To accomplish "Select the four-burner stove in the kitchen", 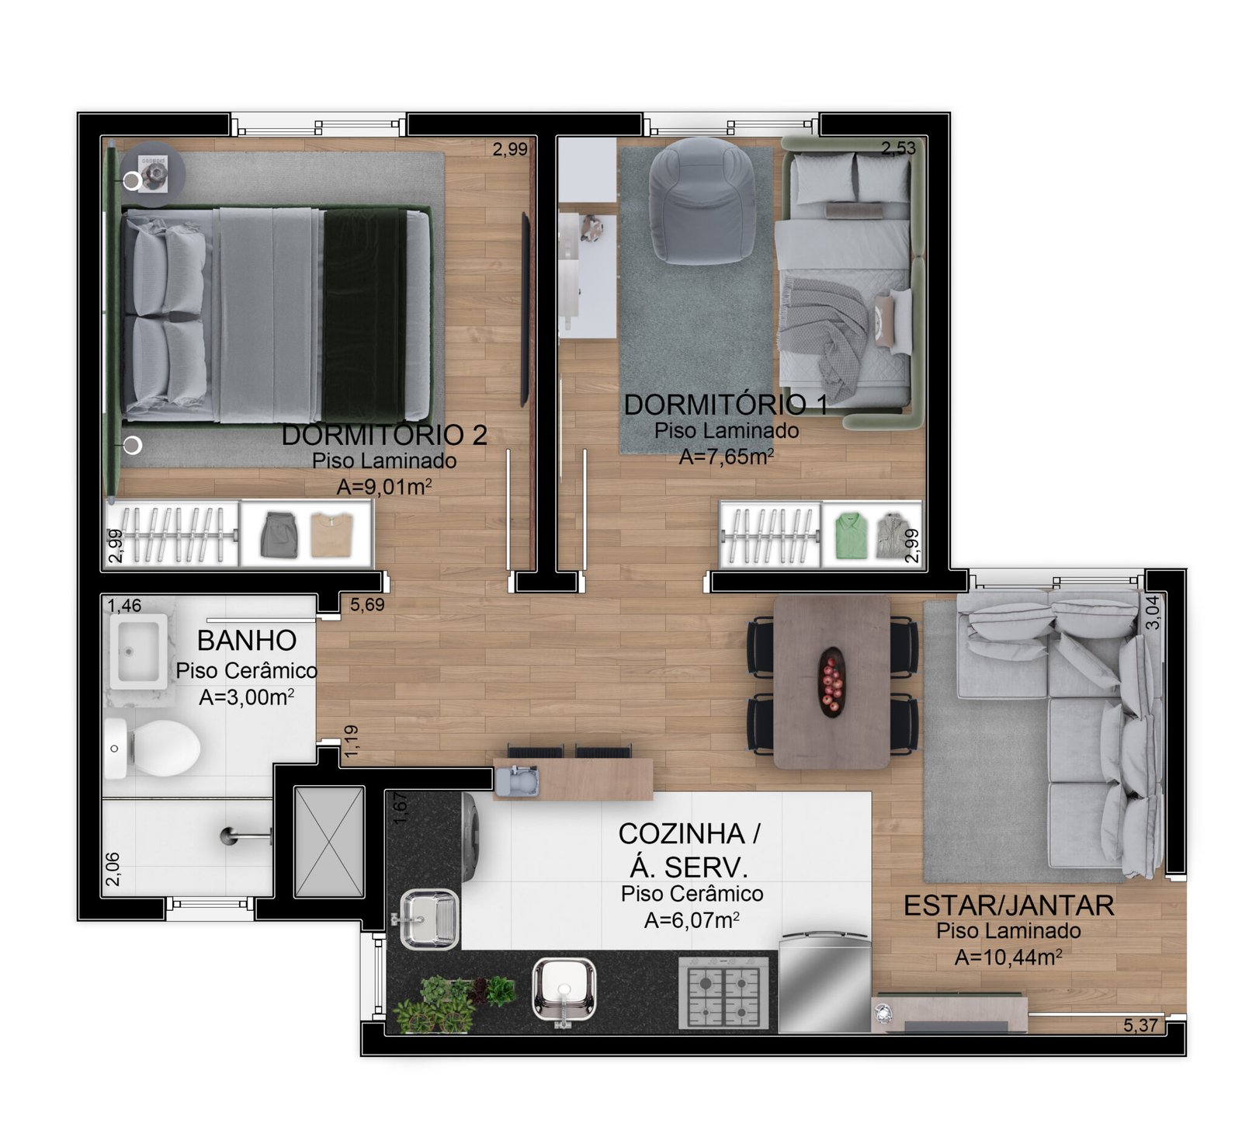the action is [x=723, y=992].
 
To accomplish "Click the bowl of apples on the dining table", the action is [x=831, y=681].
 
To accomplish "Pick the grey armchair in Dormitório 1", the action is [x=702, y=200].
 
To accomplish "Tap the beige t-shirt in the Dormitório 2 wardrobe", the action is [x=331, y=534].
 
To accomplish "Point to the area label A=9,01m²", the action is [x=384, y=487].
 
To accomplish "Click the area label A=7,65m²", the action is [x=727, y=457].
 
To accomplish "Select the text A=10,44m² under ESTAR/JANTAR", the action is [x=1008, y=957].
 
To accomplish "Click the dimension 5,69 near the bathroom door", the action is [x=367, y=604].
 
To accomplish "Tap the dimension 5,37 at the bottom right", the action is [x=1140, y=1025].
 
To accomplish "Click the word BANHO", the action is [x=247, y=641].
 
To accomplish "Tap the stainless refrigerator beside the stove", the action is [x=824, y=983].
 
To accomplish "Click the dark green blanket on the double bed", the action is [x=364, y=314].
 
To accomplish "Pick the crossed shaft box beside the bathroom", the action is [x=329, y=842].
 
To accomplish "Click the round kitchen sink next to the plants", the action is [x=564, y=990].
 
